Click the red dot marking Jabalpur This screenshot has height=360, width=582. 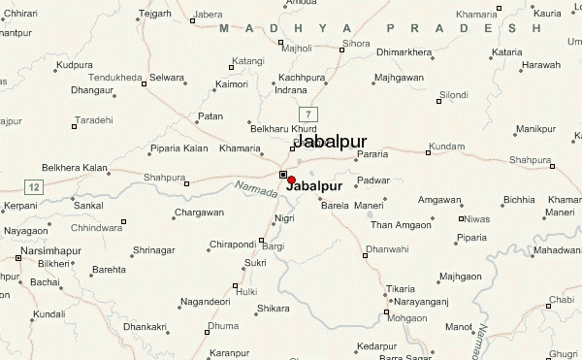pos(292,180)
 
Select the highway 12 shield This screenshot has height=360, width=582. pos(35,186)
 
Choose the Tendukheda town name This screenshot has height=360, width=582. pos(115,77)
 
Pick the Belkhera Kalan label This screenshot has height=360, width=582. pos(76,167)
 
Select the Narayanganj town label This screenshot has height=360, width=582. pos(421,303)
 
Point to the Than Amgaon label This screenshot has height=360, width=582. pos(400,225)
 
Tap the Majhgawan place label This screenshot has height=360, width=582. pos(400,77)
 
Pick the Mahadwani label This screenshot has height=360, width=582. pos(557,250)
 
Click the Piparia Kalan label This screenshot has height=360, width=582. pos(179,148)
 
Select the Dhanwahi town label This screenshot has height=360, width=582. pos(388,249)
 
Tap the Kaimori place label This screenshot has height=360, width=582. pos(232,84)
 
